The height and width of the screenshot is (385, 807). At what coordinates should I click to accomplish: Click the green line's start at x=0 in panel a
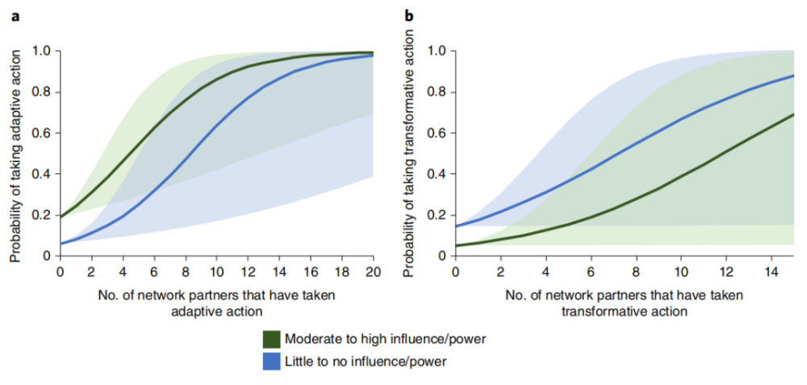point(61,216)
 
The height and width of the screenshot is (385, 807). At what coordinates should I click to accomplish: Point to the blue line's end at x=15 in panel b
point(793,76)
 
